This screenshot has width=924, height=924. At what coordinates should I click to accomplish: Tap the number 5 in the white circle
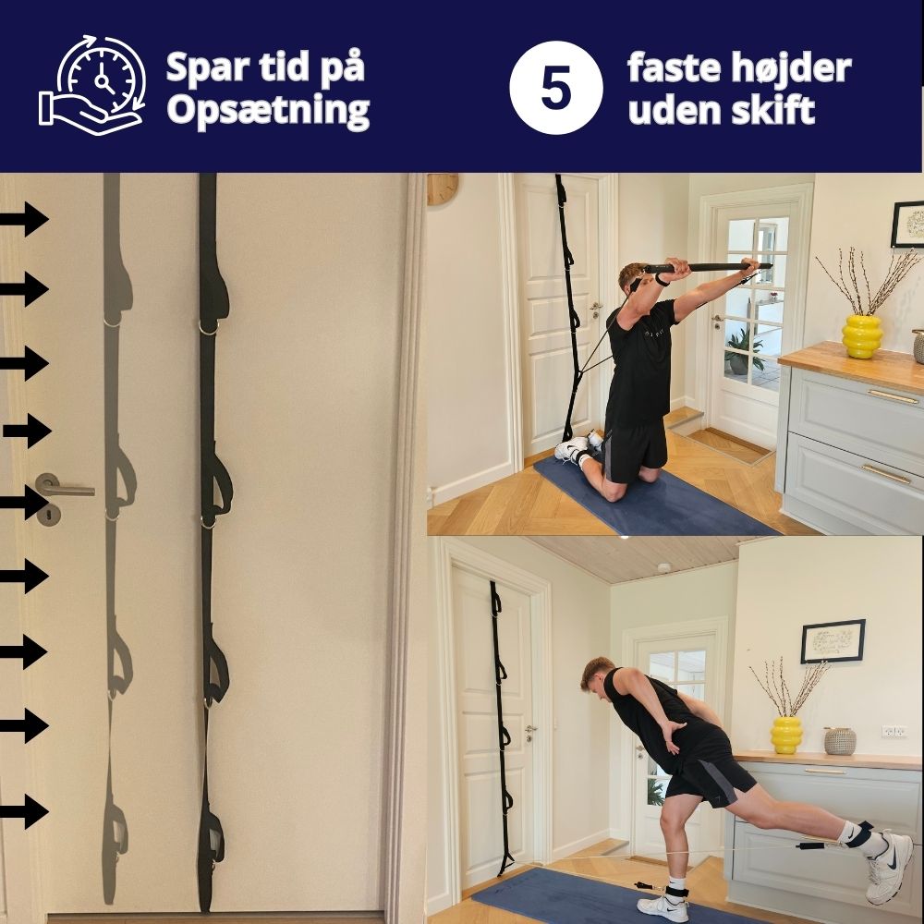point(555,91)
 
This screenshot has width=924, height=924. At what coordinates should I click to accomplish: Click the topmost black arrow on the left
point(24,220)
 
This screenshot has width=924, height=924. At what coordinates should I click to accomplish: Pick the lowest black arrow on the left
point(24,811)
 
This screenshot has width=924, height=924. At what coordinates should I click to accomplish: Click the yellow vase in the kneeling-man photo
point(861,335)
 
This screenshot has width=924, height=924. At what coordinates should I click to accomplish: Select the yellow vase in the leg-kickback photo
point(786,735)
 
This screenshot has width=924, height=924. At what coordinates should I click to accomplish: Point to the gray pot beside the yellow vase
point(839,740)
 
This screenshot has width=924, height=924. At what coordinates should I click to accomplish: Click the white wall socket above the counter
point(894,731)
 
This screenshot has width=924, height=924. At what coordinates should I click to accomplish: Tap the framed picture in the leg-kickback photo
point(833,640)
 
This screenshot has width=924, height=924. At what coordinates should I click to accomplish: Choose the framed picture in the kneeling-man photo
point(907,225)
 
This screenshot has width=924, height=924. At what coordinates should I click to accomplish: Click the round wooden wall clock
point(442,188)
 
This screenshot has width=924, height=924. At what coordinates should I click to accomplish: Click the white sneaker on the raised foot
point(888,868)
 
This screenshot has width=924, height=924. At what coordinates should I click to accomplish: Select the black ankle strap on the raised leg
point(858,835)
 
